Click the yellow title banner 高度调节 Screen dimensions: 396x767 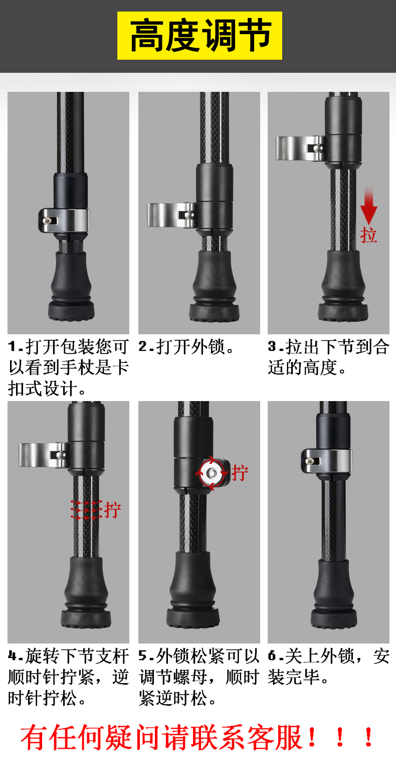coord(200,36)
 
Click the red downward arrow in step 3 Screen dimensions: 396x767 coord(368,205)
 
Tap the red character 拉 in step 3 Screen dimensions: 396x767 coord(368,235)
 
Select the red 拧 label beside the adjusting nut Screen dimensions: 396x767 coord(240,473)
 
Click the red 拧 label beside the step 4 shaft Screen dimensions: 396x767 coord(112,510)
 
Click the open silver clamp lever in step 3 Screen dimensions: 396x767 coord(300,148)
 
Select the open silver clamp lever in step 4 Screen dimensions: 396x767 coord(43,455)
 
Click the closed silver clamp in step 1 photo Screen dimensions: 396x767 coord(64,220)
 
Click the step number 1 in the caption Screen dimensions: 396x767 coord(13,347)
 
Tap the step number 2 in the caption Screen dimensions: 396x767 coord(143,347)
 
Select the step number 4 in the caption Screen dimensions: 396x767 coord(13,656)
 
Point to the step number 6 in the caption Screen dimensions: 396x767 coord(272,656)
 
